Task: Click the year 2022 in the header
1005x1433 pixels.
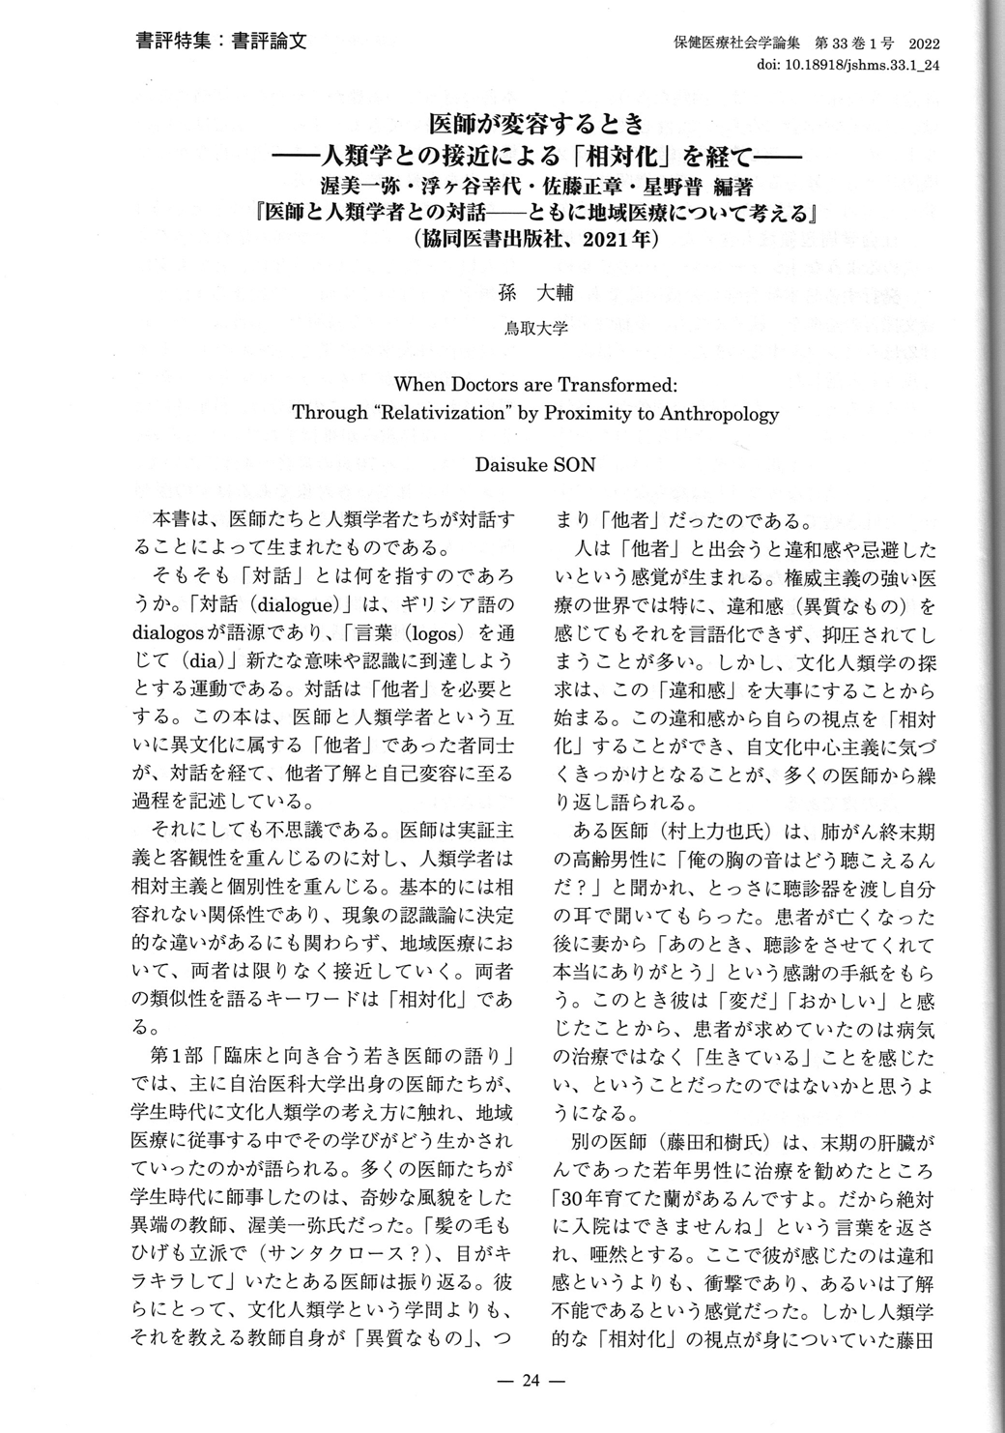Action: [923, 44]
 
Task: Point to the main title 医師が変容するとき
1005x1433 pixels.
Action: [535, 125]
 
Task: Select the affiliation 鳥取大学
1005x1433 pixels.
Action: [535, 329]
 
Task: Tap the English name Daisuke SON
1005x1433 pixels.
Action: [534, 464]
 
